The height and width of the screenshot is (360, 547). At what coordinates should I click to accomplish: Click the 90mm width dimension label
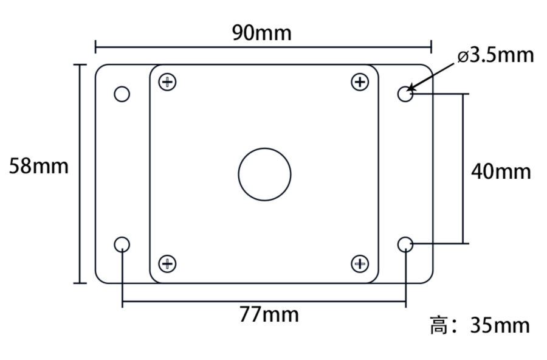[x=262, y=33]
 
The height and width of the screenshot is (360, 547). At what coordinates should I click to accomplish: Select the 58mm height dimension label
[x=39, y=166]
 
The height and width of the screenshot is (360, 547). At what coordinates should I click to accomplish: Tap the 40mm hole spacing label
[x=501, y=171]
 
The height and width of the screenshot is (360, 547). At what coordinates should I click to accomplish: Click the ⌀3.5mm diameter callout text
[x=495, y=55]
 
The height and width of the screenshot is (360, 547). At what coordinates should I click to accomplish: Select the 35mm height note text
[x=500, y=325]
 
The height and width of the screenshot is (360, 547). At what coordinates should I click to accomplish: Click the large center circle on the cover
[x=264, y=174]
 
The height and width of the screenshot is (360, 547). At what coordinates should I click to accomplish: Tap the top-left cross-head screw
[x=167, y=82]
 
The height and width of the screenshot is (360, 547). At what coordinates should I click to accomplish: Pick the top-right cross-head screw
[x=360, y=81]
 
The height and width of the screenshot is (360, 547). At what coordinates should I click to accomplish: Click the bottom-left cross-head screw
[x=167, y=263]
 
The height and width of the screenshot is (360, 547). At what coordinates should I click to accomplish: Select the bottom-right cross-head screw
[x=360, y=263]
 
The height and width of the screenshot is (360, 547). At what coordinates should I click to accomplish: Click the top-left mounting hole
[x=122, y=94]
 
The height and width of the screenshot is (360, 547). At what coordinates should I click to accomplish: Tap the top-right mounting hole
[x=405, y=94]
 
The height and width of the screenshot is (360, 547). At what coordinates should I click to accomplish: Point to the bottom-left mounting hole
[x=122, y=244]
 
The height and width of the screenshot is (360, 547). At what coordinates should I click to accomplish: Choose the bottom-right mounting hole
[x=405, y=244]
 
